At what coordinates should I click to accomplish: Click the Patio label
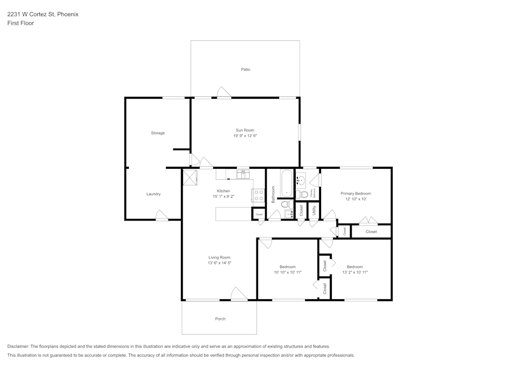tap(246, 69)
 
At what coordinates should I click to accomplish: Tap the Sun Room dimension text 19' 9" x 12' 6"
tap(245, 136)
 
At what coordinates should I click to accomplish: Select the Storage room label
tap(158, 133)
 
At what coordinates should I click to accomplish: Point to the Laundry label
tap(154, 194)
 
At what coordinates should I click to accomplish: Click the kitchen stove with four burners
tap(258, 195)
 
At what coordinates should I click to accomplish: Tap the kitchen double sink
tap(243, 174)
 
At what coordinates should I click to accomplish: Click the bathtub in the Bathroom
tap(286, 183)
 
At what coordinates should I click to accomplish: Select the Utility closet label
tap(314, 210)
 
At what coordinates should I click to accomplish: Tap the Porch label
tap(220, 319)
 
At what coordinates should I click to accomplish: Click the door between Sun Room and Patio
tap(224, 93)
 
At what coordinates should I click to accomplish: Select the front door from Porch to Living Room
tap(238, 295)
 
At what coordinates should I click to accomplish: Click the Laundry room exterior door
tap(162, 216)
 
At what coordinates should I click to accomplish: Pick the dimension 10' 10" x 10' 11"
tap(287, 272)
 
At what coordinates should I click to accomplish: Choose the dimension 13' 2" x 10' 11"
tap(355, 272)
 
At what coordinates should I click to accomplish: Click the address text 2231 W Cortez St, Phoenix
tap(43, 14)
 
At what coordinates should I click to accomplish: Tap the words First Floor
tap(21, 23)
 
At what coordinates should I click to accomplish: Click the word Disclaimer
tap(18, 346)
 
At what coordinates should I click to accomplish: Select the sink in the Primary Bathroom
tap(301, 181)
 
